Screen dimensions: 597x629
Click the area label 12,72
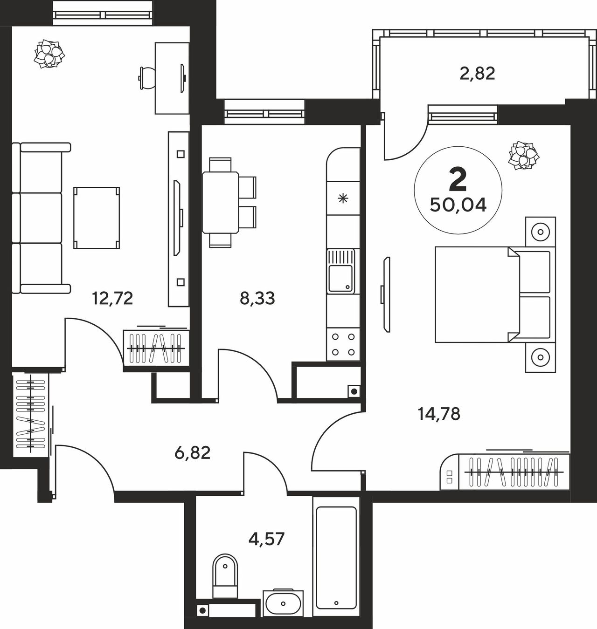(x=112, y=299)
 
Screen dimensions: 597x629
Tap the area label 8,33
(x=257, y=299)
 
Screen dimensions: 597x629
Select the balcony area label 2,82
(x=477, y=74)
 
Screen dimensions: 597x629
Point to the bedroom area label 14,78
(x=439, y=414)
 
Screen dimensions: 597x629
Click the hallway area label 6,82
(x=193, y=453)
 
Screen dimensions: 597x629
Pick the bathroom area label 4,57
(x=266, y=539)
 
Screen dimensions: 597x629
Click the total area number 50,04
(x=458, y=205)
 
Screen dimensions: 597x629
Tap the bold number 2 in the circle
(x=458, y=180)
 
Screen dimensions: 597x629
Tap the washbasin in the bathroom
(x=283, y=602)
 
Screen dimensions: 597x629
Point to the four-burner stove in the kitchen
(x=343, y=344)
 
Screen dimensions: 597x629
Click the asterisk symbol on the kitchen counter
(x=343, y=199)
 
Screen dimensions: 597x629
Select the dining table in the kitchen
(x=220, y=203)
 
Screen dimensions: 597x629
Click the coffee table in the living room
(x=97, y=218)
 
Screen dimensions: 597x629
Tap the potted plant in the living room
(x=49, y=54)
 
